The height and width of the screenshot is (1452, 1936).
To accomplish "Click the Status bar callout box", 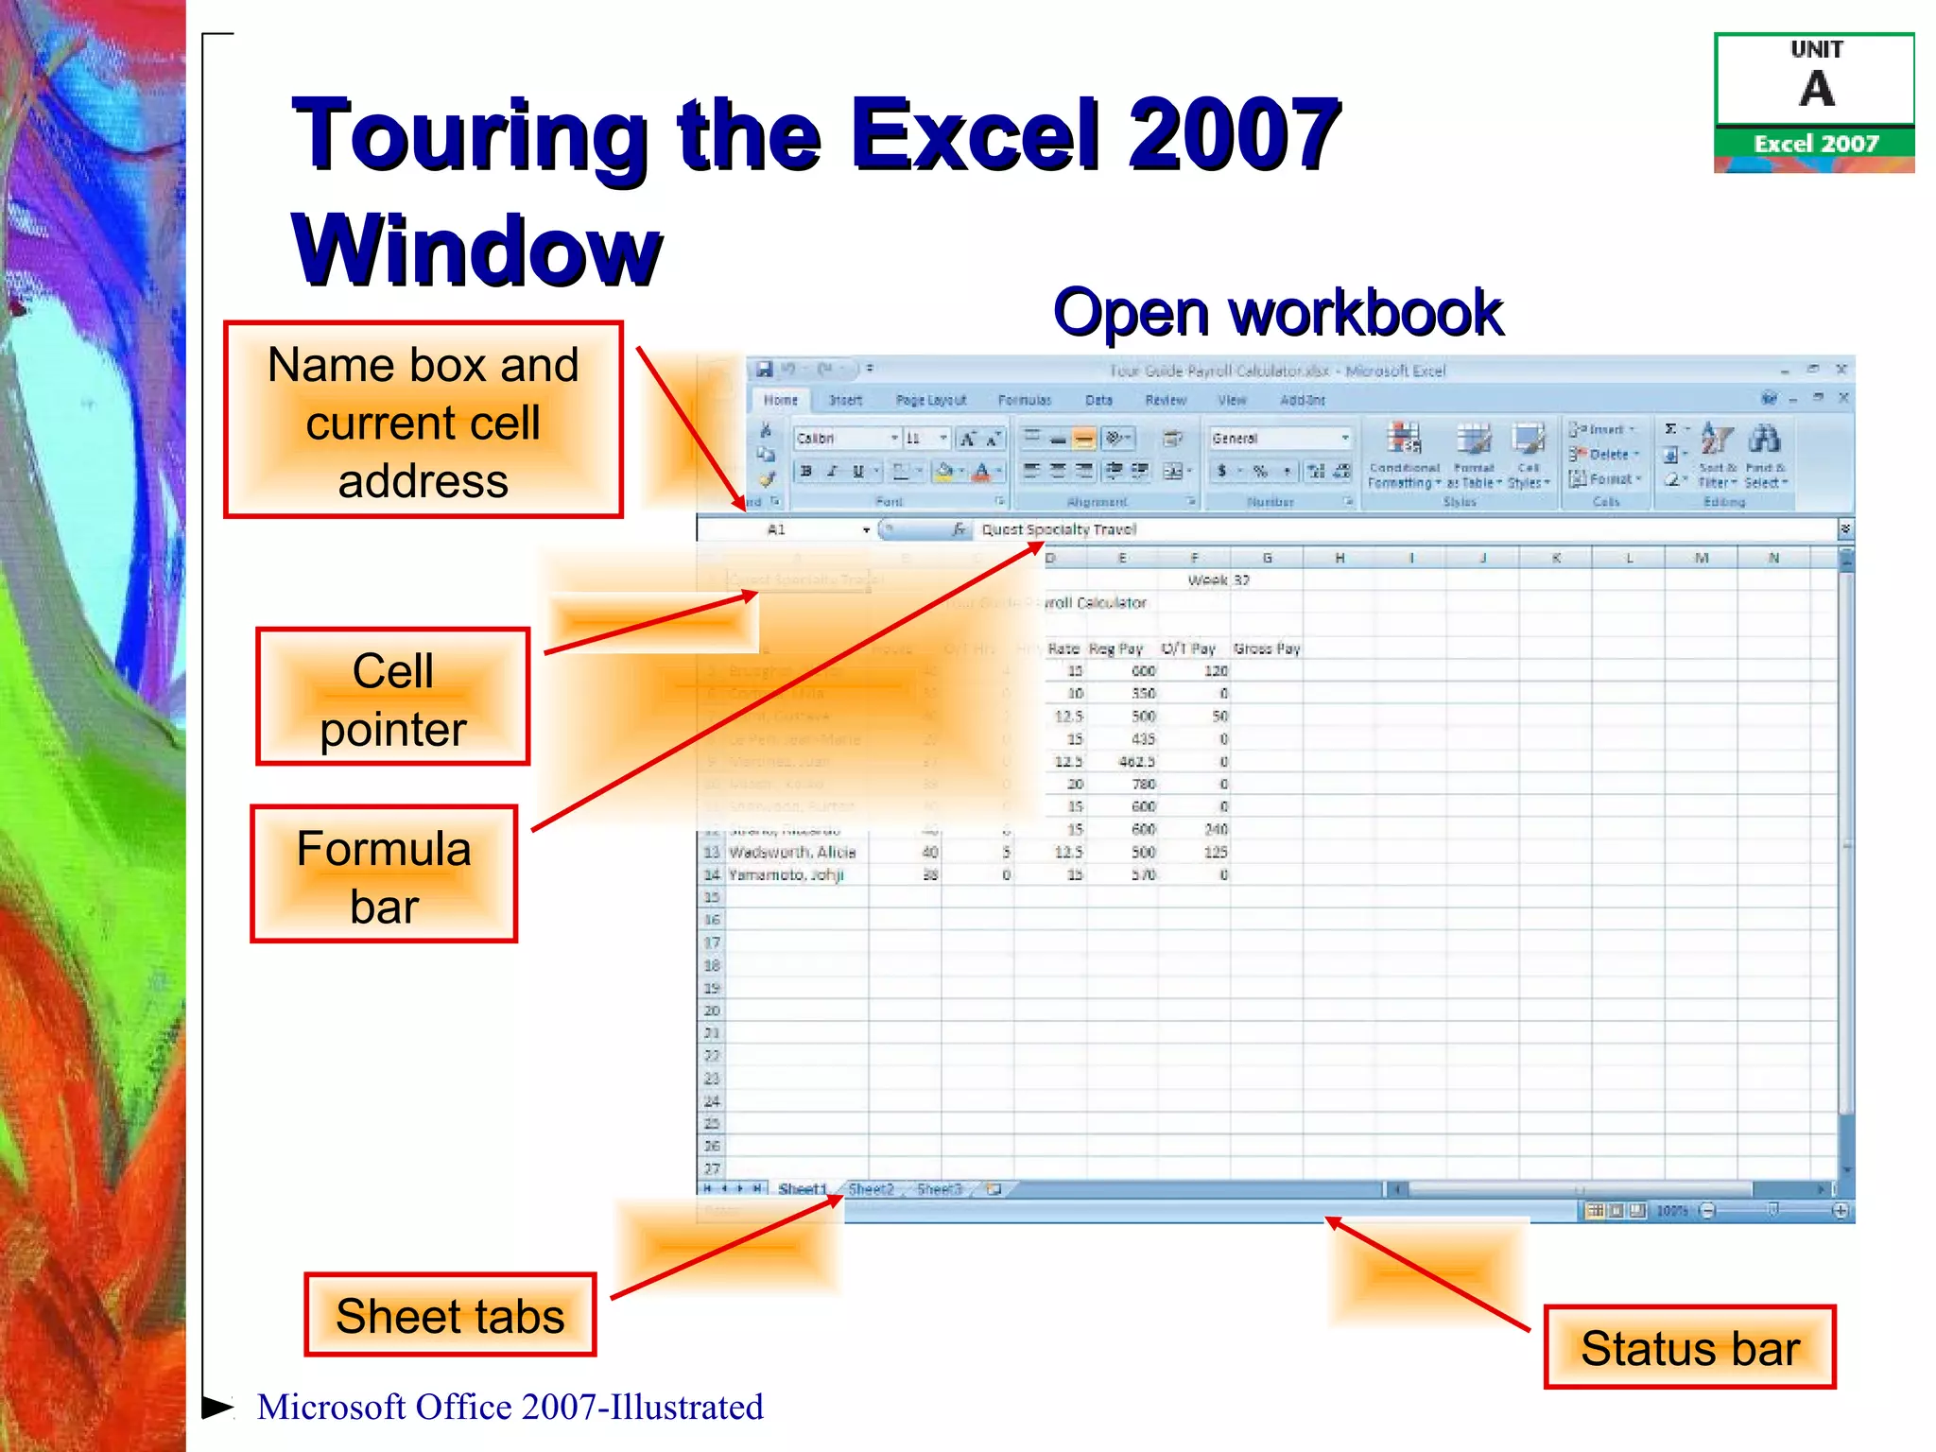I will [1689, 1347].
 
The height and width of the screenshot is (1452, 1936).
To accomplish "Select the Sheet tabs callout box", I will [450, 1315].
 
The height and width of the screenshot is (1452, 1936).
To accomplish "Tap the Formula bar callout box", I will [384, 874].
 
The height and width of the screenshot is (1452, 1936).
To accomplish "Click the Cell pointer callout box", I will [392, 698].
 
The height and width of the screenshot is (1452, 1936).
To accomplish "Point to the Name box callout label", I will [423, 421].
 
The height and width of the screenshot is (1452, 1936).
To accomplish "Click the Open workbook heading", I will [1277, 313].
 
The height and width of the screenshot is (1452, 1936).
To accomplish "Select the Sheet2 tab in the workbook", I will [871, 1189].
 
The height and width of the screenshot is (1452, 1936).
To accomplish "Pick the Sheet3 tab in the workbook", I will [939, 1189].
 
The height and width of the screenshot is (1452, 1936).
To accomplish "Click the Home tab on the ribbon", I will [780, 400].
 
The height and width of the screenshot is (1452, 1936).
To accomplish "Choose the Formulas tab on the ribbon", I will [1025, 400].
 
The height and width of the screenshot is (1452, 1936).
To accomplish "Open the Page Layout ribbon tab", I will [930, 400].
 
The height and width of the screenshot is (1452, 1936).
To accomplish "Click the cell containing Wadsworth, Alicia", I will [792, 852].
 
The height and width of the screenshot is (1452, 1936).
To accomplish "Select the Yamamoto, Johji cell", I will [786, 875].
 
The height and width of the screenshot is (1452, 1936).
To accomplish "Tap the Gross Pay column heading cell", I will [1267, 648].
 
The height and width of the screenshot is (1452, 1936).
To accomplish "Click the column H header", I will [1340, 558].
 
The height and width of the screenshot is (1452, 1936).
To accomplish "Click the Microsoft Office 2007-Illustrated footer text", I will [510, 1407].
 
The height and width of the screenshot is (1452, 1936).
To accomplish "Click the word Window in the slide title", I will [476, 251].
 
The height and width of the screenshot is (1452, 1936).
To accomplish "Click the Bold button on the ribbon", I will [806, 471].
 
